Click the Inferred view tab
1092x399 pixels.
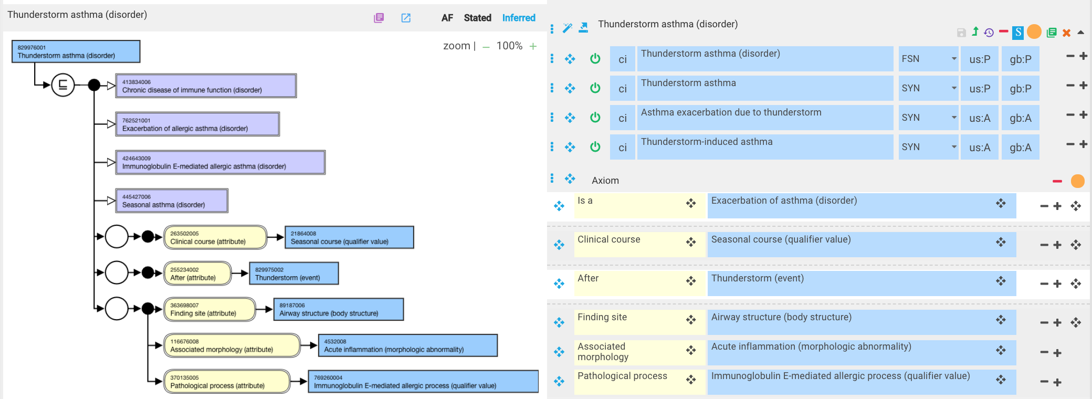[519, 18]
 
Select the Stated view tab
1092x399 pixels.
[477, 18]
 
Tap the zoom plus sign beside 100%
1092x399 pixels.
[533, 46]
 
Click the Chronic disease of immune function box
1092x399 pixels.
[206, 86]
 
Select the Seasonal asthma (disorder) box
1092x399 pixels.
[172, 201]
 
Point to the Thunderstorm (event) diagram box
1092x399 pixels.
[294, 274]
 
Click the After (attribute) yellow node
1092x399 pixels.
[197, 274]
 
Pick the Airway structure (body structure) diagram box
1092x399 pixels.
[339, 309]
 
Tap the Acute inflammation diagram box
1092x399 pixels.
[408, 345]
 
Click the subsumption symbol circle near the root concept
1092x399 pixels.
[62, 85]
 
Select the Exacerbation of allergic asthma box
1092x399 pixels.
[197, 124]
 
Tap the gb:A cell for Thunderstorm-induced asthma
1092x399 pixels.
[1021, 147]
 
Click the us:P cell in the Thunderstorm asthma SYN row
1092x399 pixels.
[980, 88]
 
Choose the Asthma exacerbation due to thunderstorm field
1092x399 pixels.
[765, 118]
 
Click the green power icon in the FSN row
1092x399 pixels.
[595, 58]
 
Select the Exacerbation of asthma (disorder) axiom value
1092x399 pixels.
[862, 205]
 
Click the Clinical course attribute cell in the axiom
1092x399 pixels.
[639, 244]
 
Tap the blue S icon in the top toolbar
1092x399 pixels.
[1018, 33]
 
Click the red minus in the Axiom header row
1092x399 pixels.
[1057, 181]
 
